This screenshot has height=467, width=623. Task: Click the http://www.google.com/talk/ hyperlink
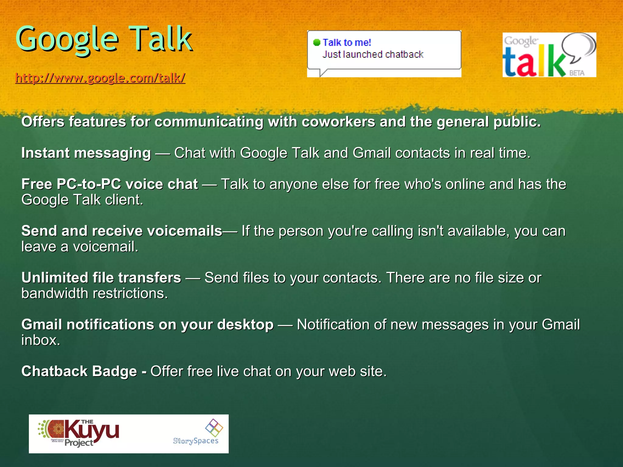point(100,78)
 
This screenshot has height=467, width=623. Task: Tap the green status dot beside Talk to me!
point(317,42)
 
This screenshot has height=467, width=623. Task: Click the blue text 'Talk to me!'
point(347,42)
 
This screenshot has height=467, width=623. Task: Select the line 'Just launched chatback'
point(373,54)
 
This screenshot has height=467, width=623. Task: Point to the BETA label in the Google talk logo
point(577,73)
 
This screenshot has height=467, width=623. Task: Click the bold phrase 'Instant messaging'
point(86,153)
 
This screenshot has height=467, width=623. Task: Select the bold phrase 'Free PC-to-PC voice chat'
point(110,184)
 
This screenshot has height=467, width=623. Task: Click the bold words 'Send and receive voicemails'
point(122,231)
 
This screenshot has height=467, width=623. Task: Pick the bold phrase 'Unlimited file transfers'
point(101,278)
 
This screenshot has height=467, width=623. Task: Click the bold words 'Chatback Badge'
point(79,372)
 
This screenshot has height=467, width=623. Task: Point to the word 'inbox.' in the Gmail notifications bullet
point(41,340)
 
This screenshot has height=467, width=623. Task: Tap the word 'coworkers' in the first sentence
point(338,122)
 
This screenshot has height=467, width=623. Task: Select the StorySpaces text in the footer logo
point(196,441)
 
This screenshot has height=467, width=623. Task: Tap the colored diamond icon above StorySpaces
point(214,427)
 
